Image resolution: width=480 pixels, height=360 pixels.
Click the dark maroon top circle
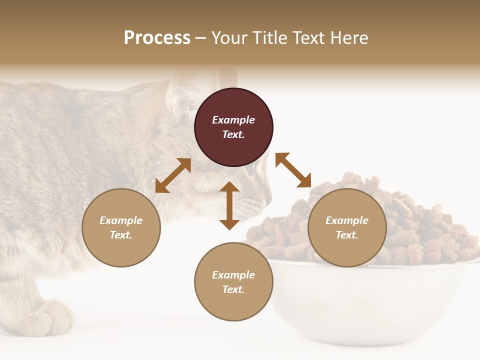click(233, 127)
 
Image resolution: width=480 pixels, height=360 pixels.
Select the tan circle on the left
click(121, 227)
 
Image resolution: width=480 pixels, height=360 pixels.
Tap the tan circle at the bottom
click(233, 281)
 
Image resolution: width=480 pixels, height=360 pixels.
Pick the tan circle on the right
click(347, 227)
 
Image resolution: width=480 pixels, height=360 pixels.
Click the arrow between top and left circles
click(173, 175)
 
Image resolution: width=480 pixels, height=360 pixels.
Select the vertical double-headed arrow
click(229, 205)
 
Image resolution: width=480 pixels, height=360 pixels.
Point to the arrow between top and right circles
click(293, 170)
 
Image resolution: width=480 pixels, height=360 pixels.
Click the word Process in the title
click(157, 37)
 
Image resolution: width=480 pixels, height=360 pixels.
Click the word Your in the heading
click(228, 37)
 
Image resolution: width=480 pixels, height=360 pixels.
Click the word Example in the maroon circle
click(233, 120)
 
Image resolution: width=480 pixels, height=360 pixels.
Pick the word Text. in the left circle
click(121, 235)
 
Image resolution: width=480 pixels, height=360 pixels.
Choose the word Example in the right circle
click(347, 220)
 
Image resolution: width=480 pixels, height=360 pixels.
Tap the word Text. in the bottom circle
click(233, 289)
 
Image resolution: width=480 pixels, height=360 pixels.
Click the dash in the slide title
click(201, 38)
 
